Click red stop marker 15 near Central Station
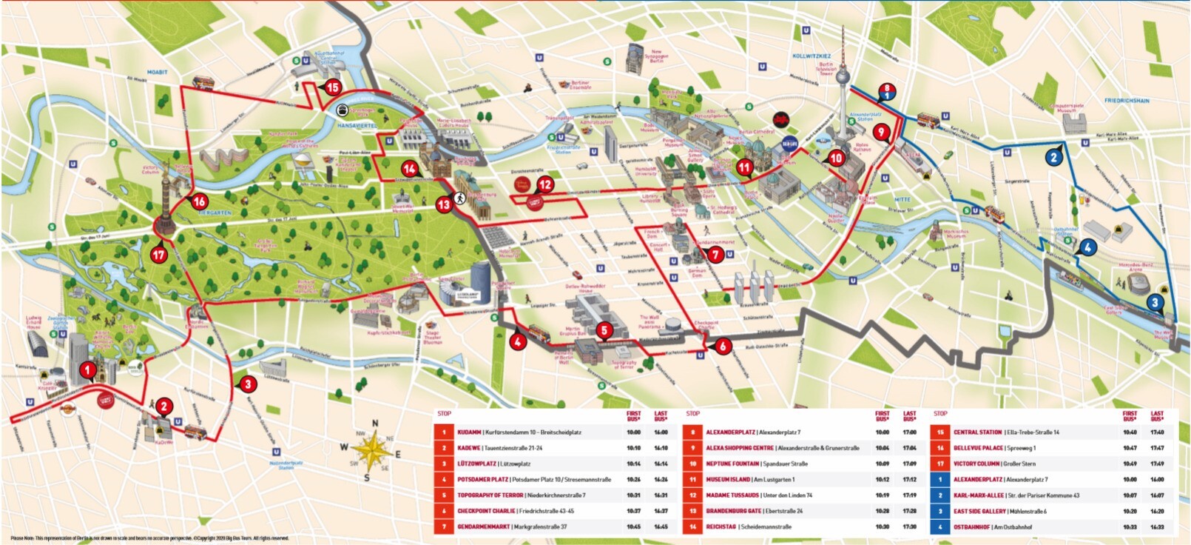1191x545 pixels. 332,87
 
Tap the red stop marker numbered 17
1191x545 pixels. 158,255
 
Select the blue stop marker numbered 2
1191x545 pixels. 1054,157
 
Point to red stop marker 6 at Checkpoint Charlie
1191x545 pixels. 722,346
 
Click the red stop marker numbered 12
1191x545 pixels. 545,184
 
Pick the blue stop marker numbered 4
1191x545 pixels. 1087,247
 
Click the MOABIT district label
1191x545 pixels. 158,72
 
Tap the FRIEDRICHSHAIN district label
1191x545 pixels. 1127,100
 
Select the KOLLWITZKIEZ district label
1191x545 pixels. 812,56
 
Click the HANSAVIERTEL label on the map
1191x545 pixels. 357,126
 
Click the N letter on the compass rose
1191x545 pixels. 374,424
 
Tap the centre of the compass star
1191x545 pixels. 374,450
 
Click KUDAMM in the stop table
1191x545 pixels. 469,432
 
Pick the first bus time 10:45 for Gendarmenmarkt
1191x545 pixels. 633,526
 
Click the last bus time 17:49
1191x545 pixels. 1157,464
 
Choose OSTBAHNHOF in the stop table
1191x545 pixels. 971,526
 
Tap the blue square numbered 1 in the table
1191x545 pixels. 939,480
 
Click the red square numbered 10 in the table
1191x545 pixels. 692,464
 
